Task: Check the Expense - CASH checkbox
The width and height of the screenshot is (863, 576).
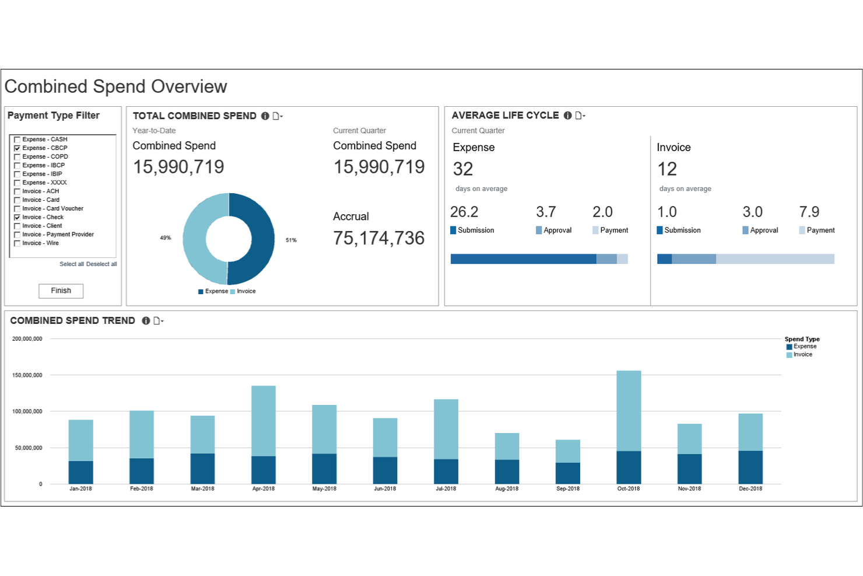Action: tap(17, 139)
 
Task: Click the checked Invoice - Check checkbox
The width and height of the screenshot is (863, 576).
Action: tap(17, 217)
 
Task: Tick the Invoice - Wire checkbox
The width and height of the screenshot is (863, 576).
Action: tap(17, 243)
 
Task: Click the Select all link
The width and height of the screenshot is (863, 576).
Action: tap(72, 264)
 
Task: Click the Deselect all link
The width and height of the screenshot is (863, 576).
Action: tap(101, 264)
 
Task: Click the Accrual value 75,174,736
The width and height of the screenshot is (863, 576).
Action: tap(378, 238)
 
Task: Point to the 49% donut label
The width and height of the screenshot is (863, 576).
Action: tap(166, 238)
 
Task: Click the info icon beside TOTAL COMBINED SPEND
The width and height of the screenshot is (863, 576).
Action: tap(265, 116)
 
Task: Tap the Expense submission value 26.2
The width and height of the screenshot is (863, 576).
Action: tap(464, 212)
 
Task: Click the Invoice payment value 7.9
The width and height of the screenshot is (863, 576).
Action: tap(809, 212)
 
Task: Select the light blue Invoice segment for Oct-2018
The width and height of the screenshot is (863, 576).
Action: tap(629, 410)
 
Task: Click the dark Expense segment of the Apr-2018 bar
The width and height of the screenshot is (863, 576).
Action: tap(264, 470)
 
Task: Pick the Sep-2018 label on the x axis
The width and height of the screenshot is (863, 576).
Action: tap(568, 489)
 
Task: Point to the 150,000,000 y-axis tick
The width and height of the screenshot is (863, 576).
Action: tap(27, 375)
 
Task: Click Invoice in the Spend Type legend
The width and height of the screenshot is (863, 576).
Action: tap(802, 355)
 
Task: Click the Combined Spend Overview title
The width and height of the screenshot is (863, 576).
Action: tap(116, 87)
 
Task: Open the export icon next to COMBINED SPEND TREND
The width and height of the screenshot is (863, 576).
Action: tap(157, 321)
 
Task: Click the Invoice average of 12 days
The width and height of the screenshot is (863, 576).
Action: tap(667, 169)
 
